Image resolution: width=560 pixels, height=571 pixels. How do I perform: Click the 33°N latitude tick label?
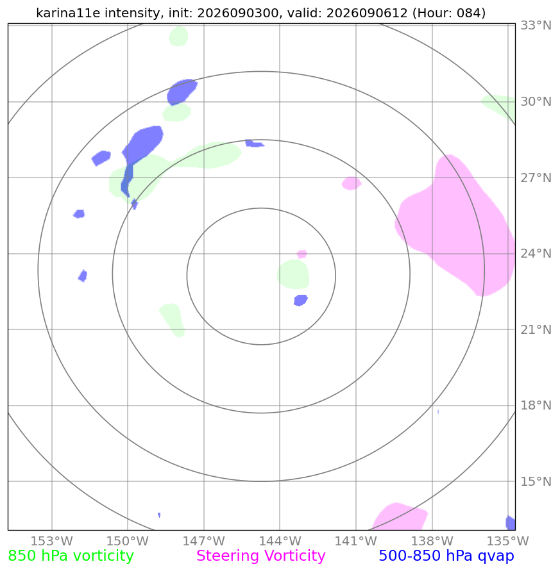[536, 26]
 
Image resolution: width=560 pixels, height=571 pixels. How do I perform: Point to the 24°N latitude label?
[536, 253]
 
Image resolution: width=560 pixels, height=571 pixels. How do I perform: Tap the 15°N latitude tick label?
[536, 481]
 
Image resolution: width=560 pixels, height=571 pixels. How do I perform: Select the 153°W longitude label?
[52, 541]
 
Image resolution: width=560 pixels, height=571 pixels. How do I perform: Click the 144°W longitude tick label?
[280, 541]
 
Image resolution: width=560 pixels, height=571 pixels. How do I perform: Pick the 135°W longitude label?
[507, 541]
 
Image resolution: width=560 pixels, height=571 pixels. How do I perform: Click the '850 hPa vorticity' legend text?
[71, 556]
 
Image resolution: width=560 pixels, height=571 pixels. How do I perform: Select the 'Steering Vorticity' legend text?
[260, 556]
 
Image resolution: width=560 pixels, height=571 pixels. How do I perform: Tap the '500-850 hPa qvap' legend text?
[446, 556]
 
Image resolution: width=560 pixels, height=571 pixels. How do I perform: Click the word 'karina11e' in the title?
[67, 13]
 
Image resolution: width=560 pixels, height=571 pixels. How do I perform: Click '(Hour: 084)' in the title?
[449, 13]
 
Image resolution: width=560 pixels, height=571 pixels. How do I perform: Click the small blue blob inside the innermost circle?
[301, 301]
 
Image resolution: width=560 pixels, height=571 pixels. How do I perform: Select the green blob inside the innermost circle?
[294, 274]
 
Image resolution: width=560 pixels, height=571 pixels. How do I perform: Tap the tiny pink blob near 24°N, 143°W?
[302, 254]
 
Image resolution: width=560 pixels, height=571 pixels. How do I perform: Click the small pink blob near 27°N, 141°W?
[352, 183]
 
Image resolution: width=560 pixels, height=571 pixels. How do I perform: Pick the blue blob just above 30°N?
[182, 92]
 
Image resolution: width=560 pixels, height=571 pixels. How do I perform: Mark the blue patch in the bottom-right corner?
[511, 523]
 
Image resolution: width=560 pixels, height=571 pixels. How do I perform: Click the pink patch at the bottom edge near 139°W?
[400, 517]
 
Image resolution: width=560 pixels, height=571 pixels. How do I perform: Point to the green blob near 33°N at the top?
[178, 36]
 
